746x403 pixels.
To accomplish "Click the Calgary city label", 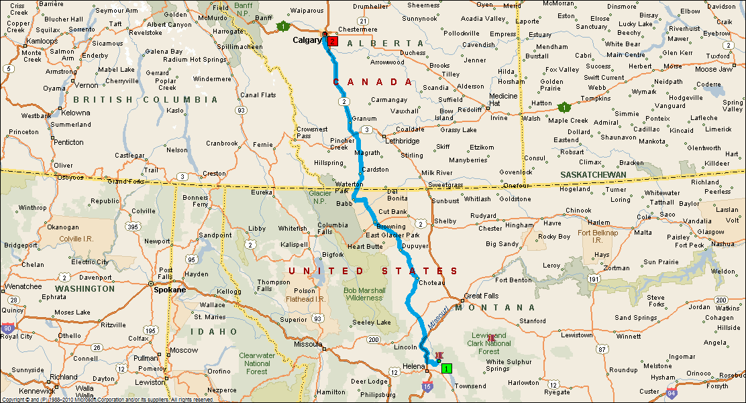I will click(307, 40).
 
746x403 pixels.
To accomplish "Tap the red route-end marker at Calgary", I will click(333, 41).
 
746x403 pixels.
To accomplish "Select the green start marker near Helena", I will click(447, 368).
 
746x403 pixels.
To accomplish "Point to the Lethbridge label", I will click(403, 141).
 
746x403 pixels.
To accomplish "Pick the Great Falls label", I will click(482, 296).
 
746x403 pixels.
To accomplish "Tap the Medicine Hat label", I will click(504, 100).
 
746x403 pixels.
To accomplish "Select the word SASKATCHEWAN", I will click(594, 175).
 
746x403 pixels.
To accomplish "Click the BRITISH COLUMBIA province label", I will click(146, 99).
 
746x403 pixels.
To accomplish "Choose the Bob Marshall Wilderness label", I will click(364, 294).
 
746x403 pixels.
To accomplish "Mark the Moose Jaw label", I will click(714, 69).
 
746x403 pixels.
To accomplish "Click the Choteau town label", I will click(432, 283).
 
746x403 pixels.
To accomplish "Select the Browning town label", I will click(391, 227).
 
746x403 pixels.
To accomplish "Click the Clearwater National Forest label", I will click(257, 363).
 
